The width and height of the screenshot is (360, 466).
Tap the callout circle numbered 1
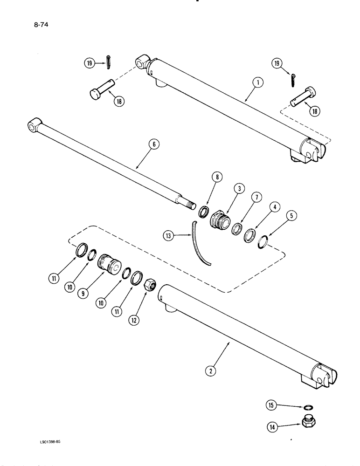coord(257,84)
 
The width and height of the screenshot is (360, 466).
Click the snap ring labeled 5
coord(263,242)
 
